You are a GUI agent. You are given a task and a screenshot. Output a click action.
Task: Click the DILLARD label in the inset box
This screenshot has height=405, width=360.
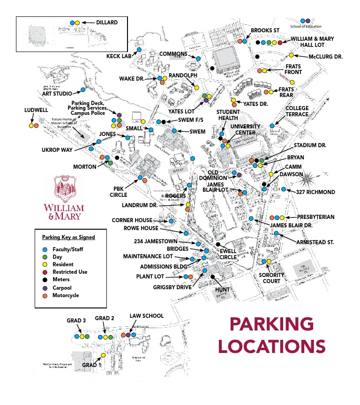coord(106,22)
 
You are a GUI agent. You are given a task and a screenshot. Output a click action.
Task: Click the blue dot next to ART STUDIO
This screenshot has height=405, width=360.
coord(83,90)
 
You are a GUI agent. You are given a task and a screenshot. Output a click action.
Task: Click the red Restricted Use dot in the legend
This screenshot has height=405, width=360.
coord(45,272)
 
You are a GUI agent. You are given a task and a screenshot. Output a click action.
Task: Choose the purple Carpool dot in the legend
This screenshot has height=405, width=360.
coord(45,288)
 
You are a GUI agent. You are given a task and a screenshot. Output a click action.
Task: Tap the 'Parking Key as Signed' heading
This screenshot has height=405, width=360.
coord(68,237)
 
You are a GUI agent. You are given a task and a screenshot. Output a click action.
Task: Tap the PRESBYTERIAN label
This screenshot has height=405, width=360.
coord(315,217)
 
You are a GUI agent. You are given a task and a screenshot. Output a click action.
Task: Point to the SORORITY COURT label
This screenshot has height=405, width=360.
coord(272,278)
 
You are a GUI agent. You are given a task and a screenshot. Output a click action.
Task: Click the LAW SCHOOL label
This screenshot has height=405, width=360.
coord(147,316)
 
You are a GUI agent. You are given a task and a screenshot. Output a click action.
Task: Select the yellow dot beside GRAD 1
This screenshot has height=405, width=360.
coord(103,355)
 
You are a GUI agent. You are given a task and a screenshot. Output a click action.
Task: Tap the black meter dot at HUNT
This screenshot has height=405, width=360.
coord(213,277)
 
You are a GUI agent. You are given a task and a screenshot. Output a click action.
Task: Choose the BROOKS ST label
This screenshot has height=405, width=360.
coord(265,30)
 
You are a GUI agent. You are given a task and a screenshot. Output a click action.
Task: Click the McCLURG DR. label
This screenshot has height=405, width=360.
coord(325,56)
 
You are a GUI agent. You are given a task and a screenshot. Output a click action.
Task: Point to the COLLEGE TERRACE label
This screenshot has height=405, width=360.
coord(297,111)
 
